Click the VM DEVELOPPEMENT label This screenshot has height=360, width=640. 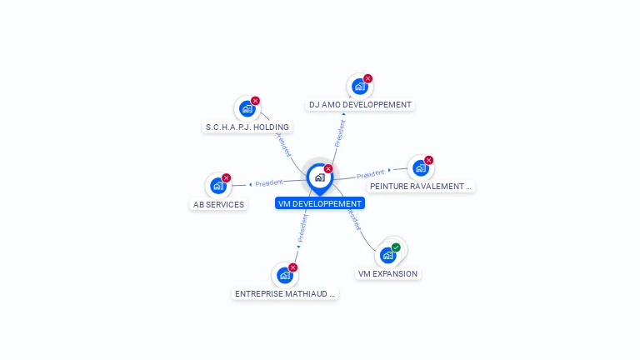[x=320, y=203]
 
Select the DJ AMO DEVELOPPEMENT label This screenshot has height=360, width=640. [x=360, y=105]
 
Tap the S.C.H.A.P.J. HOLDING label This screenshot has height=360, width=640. [x=247, y=127]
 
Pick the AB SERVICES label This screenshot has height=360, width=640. [x=218, y=204]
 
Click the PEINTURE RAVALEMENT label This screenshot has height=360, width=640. [x=421, y=187]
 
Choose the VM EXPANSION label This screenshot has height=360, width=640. [x=387, y=273]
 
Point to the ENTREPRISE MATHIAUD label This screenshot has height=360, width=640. [x=285, y=293]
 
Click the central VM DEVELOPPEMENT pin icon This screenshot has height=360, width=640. [x=319, y=177]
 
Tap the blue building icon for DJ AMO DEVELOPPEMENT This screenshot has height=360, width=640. [x=359, y=87]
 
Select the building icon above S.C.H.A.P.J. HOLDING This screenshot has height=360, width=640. [x=247, y=108]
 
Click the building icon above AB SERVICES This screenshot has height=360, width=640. [x=218, y=186]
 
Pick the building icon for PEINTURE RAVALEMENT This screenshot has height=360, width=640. [x=421, y=167]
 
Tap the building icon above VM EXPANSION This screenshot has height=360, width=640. [x=387, y=255]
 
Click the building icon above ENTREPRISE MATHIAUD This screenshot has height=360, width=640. [x=284, y=275]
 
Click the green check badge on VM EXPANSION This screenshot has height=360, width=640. [x=396, y=247]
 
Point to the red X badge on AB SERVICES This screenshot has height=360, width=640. [x=226, y=178]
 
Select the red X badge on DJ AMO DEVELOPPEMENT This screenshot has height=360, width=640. [x=367, y=78]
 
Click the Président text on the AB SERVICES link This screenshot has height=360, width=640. [x=269, y=183]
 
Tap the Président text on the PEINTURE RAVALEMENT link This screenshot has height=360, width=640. [x=371, y=174]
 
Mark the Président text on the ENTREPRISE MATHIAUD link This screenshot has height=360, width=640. [x=302, y=227]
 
